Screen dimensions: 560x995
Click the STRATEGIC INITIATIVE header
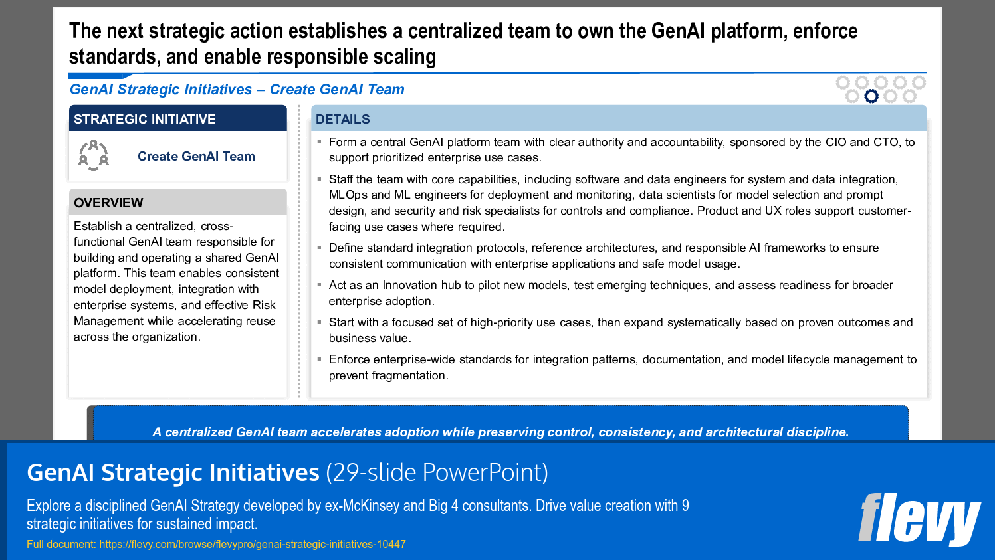point(145,120)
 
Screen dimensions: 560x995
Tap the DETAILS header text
point(343,120)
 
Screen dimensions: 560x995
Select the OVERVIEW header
point(108,203)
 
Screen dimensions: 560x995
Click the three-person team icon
point(94,155)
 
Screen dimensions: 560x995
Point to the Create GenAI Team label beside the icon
point(196,157)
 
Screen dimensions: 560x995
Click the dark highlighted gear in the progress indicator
point(871,96)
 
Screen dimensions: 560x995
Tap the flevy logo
point(919,519)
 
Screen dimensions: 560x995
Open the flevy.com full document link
point(253,545)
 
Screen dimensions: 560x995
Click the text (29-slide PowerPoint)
point(437,473)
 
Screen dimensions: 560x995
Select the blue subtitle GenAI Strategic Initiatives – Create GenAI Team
point(237,90)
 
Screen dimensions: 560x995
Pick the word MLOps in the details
point(348,195)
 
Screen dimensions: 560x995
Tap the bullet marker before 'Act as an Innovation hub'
point(319,284)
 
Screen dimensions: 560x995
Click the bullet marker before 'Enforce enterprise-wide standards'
point(319,359)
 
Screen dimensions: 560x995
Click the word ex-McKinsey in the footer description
point(362,506)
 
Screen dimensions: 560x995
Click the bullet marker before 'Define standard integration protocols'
point(319,247)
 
